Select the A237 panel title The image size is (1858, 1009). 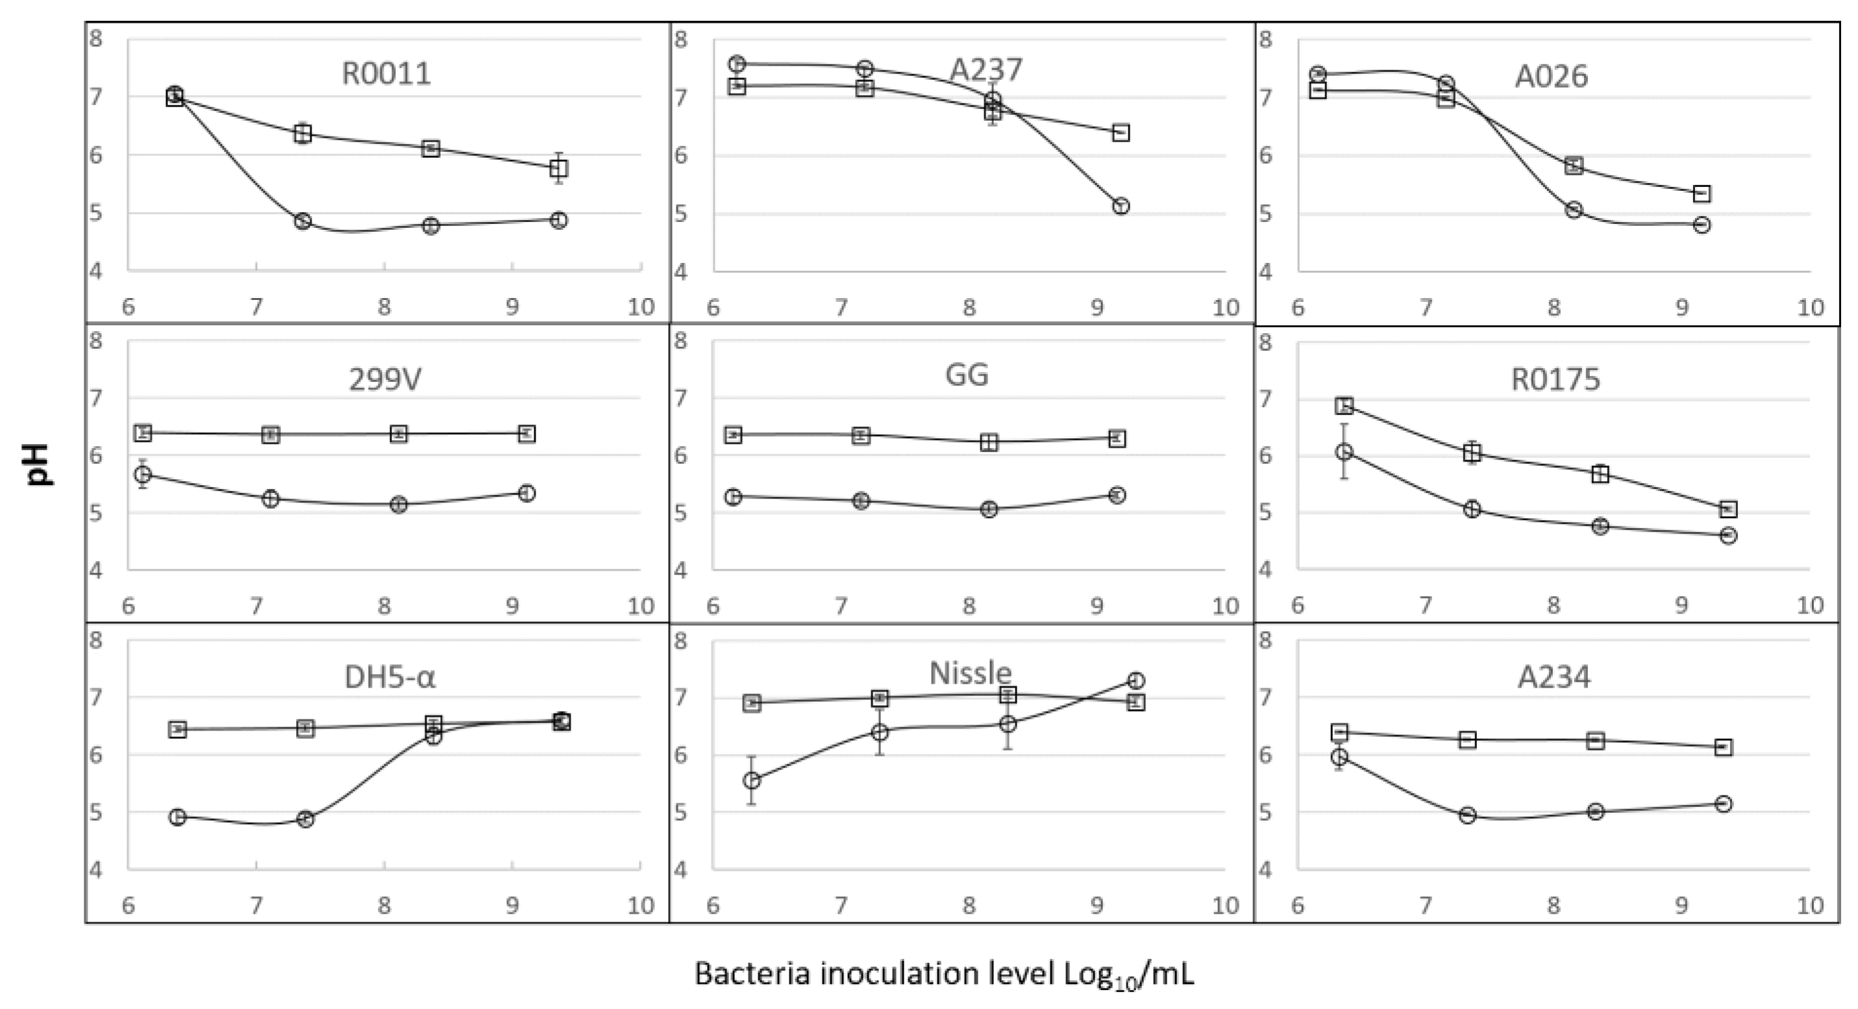pos(985,70)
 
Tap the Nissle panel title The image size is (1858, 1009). pos(970,673)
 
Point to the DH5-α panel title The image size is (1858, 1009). pos(390,677)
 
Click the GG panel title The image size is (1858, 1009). pos(967,375)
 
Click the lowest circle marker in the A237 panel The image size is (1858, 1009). pos(1120,206)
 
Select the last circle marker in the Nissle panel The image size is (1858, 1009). pos(1136,680)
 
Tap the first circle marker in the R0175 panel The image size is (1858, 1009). pos(1344,452)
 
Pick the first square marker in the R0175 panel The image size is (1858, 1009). pos(1344,405)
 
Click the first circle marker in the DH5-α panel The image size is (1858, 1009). pos(177,817)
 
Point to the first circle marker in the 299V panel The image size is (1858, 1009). pos(143,474)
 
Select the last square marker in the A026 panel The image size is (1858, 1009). pos(1702,193)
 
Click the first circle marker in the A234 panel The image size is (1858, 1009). pos(1339,756)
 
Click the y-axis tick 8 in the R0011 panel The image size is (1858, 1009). pos(96,38)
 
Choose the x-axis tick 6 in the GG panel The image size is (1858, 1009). pos(713,606)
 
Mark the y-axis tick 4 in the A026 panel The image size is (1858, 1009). pos(1265,273)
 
